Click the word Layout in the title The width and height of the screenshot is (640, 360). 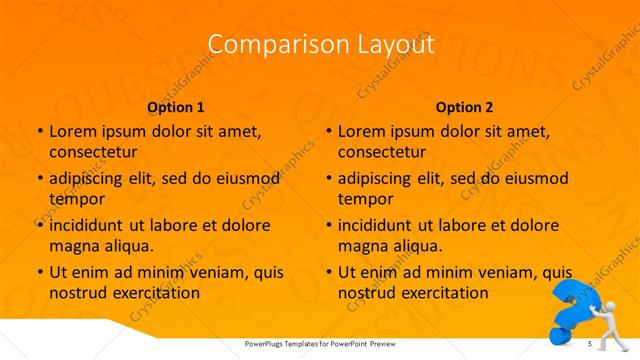tap(394, 45)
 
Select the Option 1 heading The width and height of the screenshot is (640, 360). tap(176, 106)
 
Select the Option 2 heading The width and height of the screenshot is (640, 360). tap(465, 106)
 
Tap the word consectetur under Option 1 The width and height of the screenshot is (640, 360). tap(93, 152)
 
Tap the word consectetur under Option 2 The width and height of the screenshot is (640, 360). tap(382, 152)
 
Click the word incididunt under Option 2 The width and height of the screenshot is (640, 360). tap(381, 225)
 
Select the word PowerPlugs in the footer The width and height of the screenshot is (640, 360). tap(270, 344)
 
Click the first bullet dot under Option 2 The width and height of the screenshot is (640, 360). tap(329, 132)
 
